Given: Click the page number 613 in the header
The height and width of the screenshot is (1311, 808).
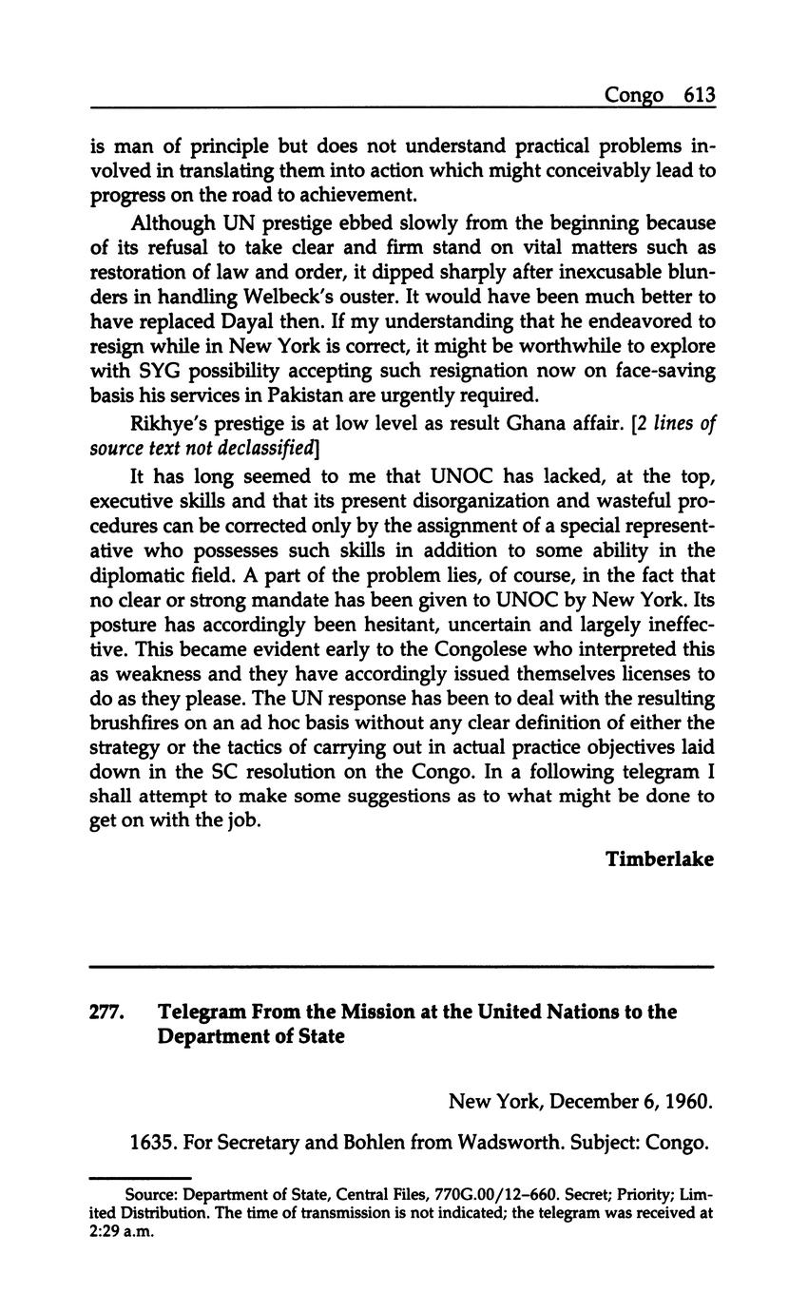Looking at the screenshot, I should [698, 95].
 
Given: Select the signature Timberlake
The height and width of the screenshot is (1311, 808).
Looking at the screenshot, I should [660, 858].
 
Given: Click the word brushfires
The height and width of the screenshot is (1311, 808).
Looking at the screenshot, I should [140, 723].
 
